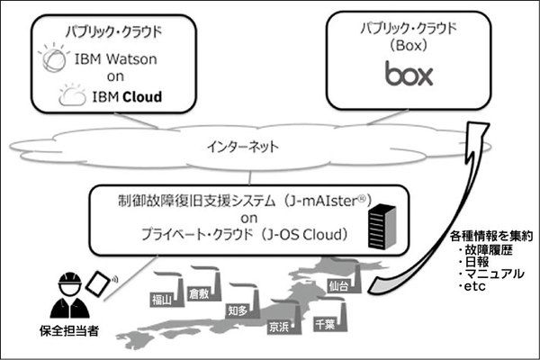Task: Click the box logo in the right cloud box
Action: click(409, 73)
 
